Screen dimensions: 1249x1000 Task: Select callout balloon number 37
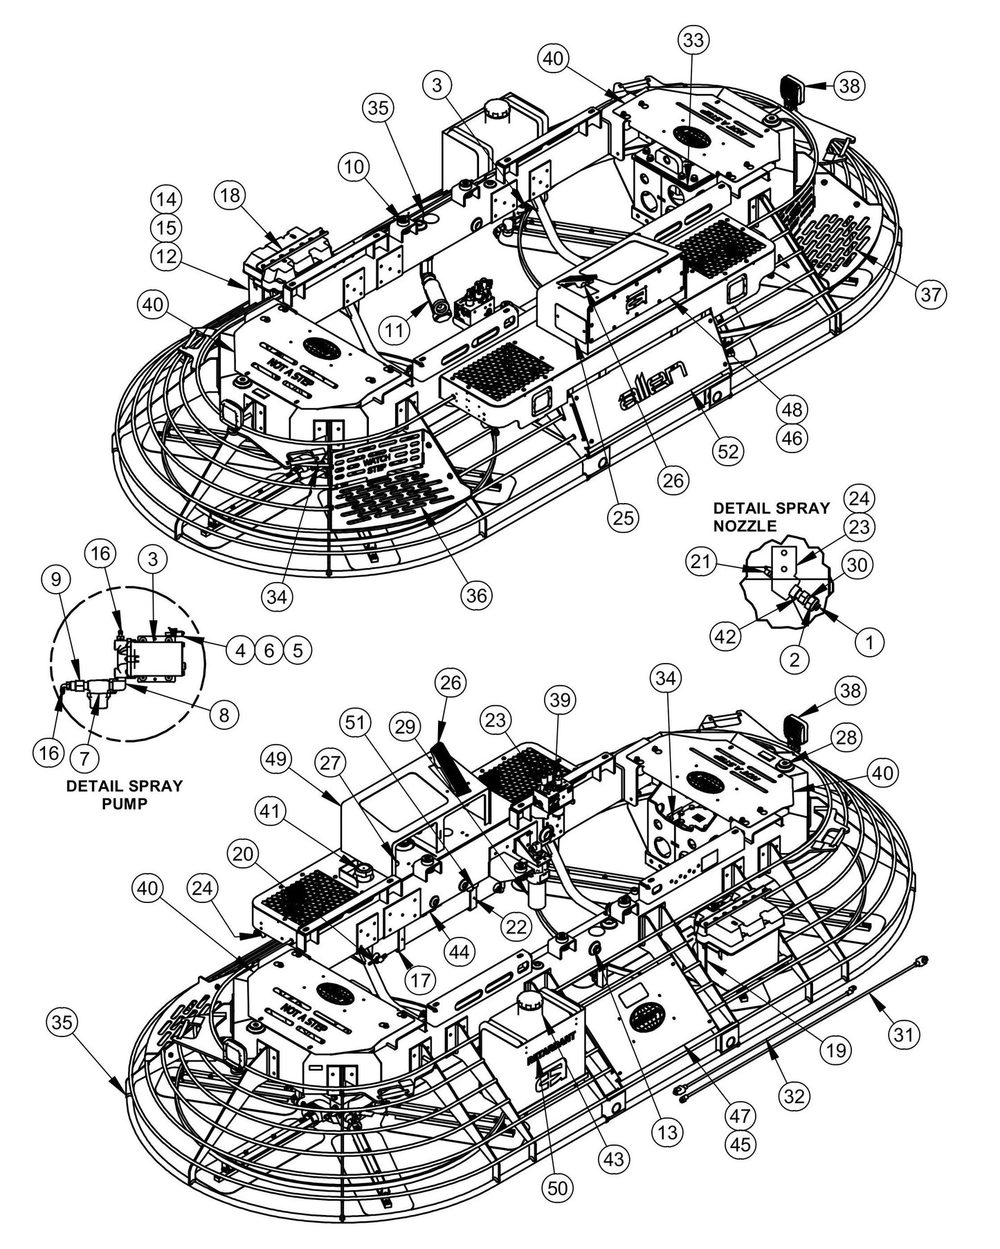pos(931,294)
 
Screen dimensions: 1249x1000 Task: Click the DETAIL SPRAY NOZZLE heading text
pos(771,517)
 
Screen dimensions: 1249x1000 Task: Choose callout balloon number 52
pos(727,451)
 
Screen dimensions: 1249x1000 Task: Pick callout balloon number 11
pos(394,330)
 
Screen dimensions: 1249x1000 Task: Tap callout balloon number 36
pos(478,595)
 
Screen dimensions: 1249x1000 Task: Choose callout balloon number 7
pos(84,758)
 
